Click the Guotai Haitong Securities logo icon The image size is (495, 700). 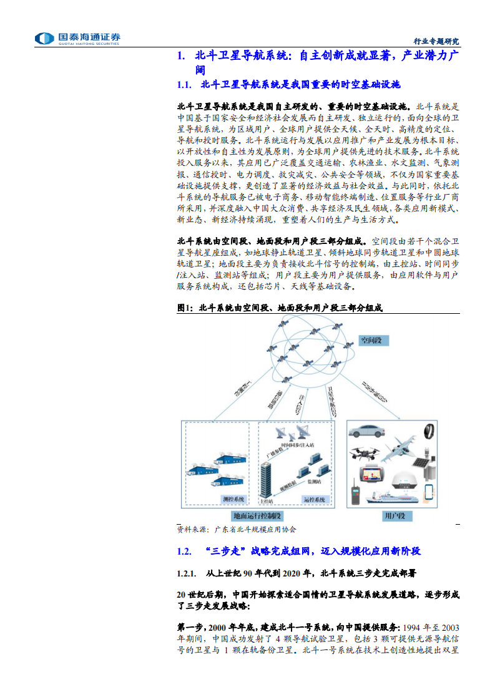coord(44,39)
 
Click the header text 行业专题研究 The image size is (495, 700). coord(436,41)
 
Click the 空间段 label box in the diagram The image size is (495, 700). coord(374,341)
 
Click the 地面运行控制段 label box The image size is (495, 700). coord(257,516)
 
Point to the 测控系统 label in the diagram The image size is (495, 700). coord(234,499)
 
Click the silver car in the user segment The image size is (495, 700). coord(368,431)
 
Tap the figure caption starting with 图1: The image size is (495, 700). coord(279,308)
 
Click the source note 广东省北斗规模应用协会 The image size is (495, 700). coord(255,529)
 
